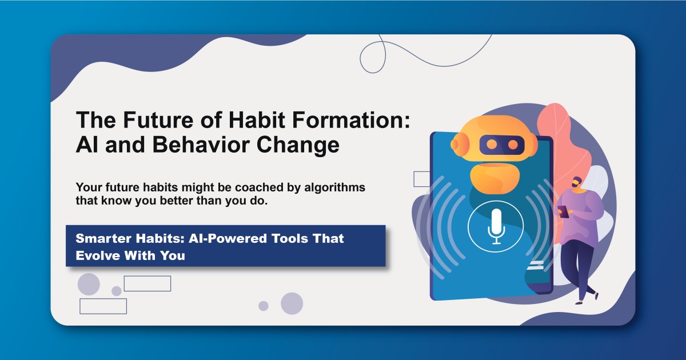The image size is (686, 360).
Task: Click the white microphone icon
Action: [496, 225]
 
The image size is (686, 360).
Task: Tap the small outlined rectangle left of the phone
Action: [421, 179]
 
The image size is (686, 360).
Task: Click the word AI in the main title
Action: [86, 145]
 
